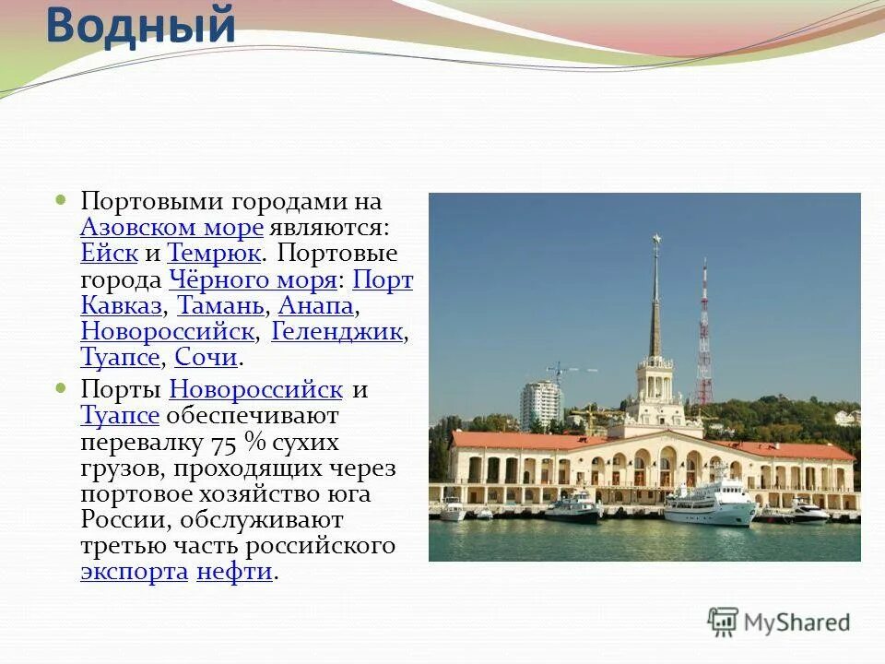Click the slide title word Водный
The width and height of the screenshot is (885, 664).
tap(140, 25)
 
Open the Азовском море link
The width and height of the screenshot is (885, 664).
tap(172, 228)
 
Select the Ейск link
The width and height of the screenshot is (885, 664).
tap(109, 254)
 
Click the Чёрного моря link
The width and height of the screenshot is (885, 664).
tap(253, 279)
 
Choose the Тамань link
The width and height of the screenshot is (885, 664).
tap(220, 305)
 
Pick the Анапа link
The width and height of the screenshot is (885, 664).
tap(315, 305)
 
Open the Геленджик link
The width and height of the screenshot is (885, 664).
tap(337, 331)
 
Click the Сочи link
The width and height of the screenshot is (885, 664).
tap(206, 357)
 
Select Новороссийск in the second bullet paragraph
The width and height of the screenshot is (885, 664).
tap(256, 389)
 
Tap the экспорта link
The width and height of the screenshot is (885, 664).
tap(134, 571)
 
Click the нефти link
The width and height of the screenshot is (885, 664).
tap(234, 571)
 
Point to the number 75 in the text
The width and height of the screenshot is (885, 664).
tap(225, 442)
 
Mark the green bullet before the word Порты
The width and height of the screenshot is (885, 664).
tap(62, 388)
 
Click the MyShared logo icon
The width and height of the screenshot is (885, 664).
tap(723, 622)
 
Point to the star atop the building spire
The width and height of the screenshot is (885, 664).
tap(655, 241)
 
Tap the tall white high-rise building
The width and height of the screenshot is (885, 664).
tap(541, 405)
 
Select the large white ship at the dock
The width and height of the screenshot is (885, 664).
tap(709, 503)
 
